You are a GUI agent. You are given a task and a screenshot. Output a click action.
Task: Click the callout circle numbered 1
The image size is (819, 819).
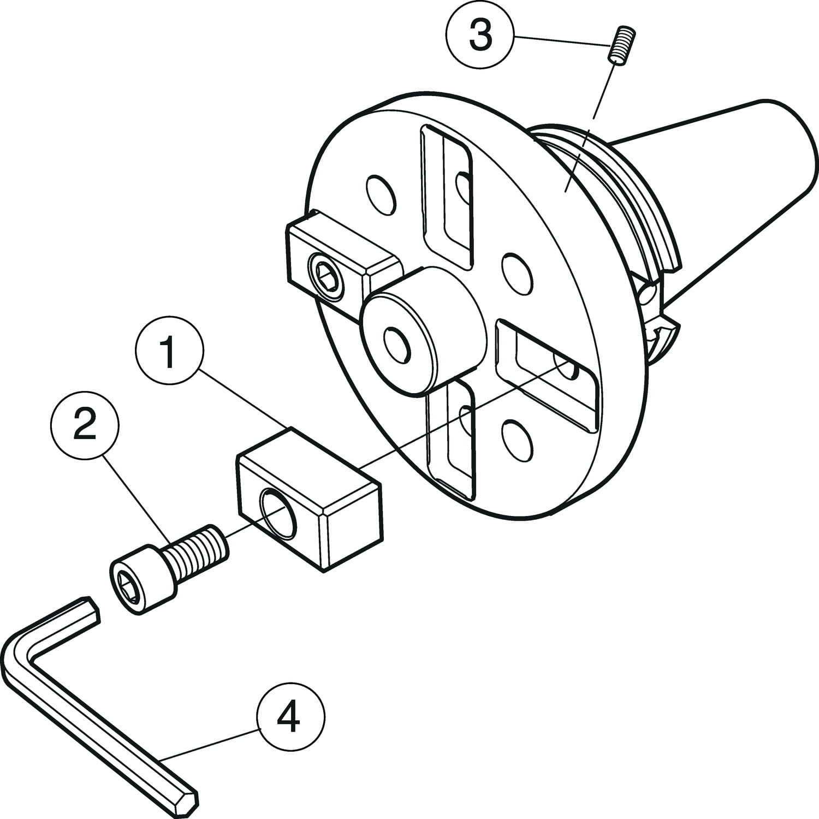click(169, 352)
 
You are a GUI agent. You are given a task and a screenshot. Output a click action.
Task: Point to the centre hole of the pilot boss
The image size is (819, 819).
click(397, 342)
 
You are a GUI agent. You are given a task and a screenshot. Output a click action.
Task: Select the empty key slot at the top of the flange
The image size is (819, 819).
click(446, 197)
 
